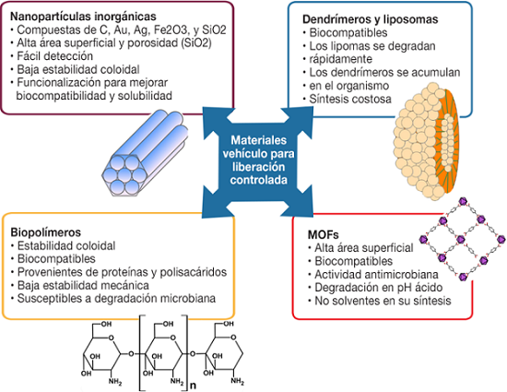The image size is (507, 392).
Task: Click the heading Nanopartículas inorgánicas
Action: [83, 17]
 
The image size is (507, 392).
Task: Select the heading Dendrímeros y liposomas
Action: [371, 19]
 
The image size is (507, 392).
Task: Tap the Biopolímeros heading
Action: [46, 232]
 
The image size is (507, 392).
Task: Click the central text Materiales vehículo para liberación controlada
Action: [258, 160]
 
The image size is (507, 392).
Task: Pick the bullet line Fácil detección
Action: [54, 56]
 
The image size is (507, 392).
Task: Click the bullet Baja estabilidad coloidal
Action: [78, 69]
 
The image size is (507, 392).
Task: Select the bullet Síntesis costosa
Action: [350, 99]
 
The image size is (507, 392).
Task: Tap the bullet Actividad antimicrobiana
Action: [376, 274]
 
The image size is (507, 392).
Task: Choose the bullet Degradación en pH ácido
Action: [379, 287]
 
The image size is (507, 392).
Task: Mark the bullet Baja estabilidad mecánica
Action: [83, 285]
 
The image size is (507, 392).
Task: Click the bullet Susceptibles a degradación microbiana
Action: [116, 298]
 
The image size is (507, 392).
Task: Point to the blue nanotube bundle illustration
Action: [145, 153]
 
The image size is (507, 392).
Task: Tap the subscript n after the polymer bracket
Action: [193, 386]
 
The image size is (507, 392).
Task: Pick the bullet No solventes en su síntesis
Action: [383, 301]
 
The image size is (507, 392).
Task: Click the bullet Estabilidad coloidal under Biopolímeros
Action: [66, 245]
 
